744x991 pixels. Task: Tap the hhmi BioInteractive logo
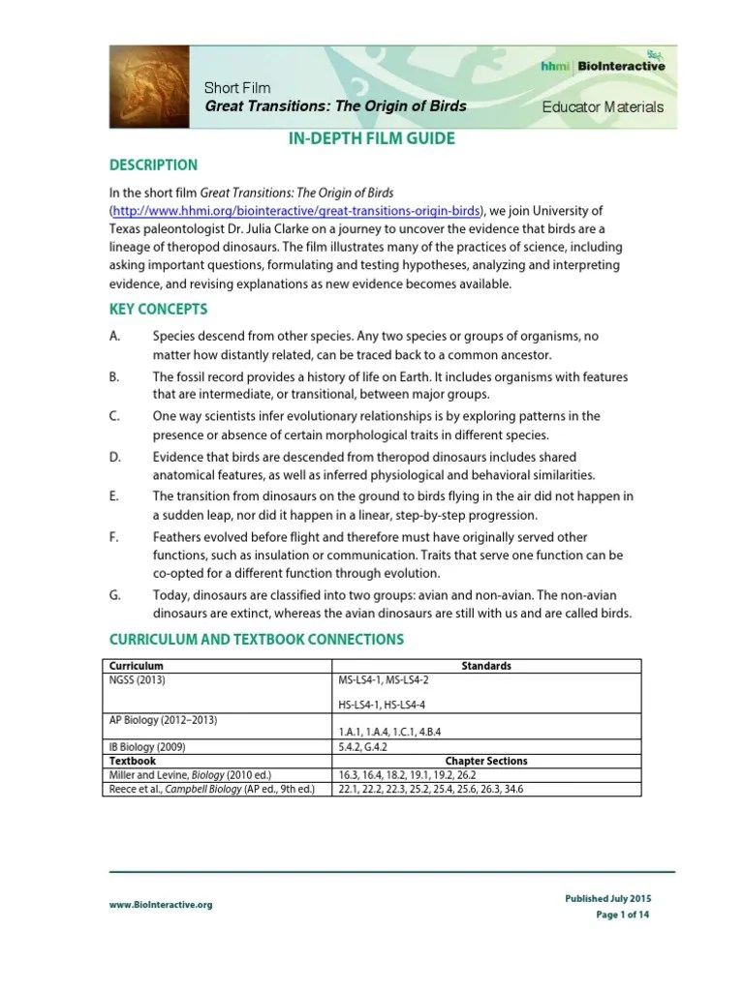[x=602, y=66]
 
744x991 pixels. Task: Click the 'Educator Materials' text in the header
[x=602, y=106]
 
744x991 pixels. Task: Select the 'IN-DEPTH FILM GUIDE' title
[x=372, y=139]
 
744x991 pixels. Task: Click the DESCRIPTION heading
[x=152, y=165]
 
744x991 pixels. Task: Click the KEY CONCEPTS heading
[x=157, y=310]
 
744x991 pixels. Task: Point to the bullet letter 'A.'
[x=114, y=336]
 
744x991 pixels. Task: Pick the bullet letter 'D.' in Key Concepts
[x=114, y=457]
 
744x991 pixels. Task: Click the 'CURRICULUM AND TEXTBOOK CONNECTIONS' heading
[x=256, y=640]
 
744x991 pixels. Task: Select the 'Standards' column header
[x=486, y=666]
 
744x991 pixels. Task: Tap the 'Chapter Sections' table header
[x=486, y=761]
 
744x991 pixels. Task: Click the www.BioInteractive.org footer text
[x=160, y=904]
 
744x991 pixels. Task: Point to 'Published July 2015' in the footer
[x=606, y=899]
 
